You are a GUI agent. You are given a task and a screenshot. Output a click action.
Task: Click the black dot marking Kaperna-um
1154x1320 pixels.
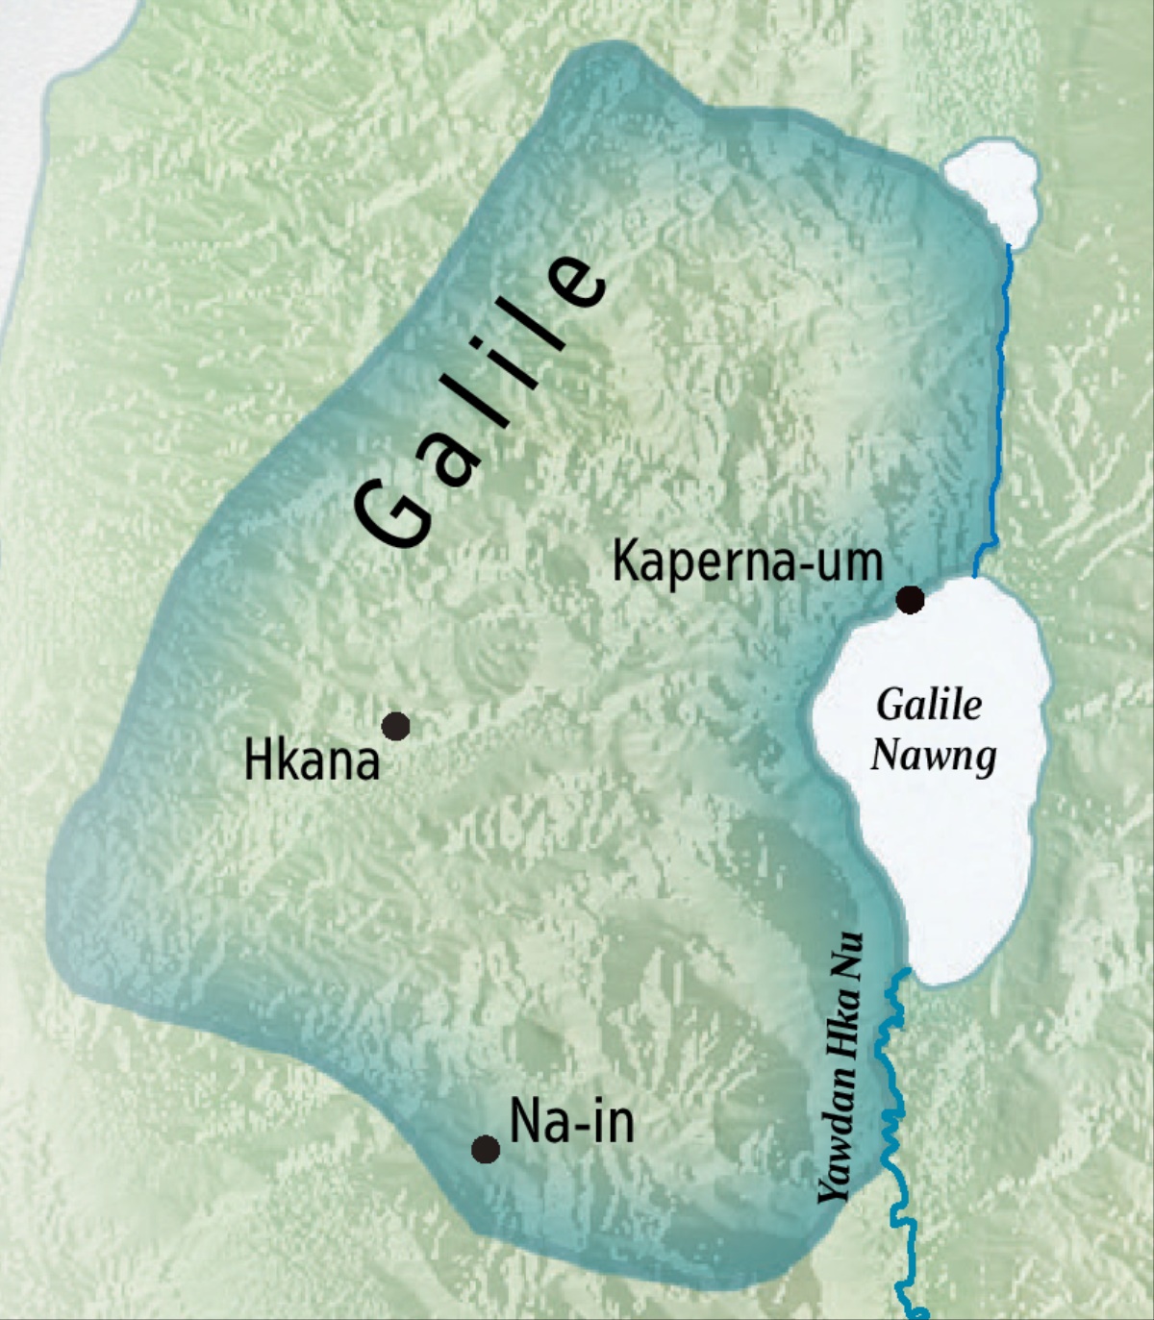point(910,600)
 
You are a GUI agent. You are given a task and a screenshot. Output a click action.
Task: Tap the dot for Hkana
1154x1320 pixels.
point(395,726)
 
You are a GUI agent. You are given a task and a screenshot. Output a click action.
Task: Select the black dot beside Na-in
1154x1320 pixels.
point(486,1149)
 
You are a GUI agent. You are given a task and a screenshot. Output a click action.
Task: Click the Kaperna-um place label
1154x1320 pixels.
point(747,560)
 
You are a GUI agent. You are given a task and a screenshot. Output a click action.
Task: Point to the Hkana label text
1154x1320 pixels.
point(312,761)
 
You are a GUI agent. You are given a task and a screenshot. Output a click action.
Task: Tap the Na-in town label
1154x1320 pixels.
point(571,1121)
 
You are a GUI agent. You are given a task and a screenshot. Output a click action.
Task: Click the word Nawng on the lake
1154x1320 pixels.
point(933,756)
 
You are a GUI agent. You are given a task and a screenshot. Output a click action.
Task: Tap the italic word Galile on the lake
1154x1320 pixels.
point(929,705)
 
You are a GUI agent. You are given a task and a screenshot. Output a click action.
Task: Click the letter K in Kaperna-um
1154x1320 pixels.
point(625,560)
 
